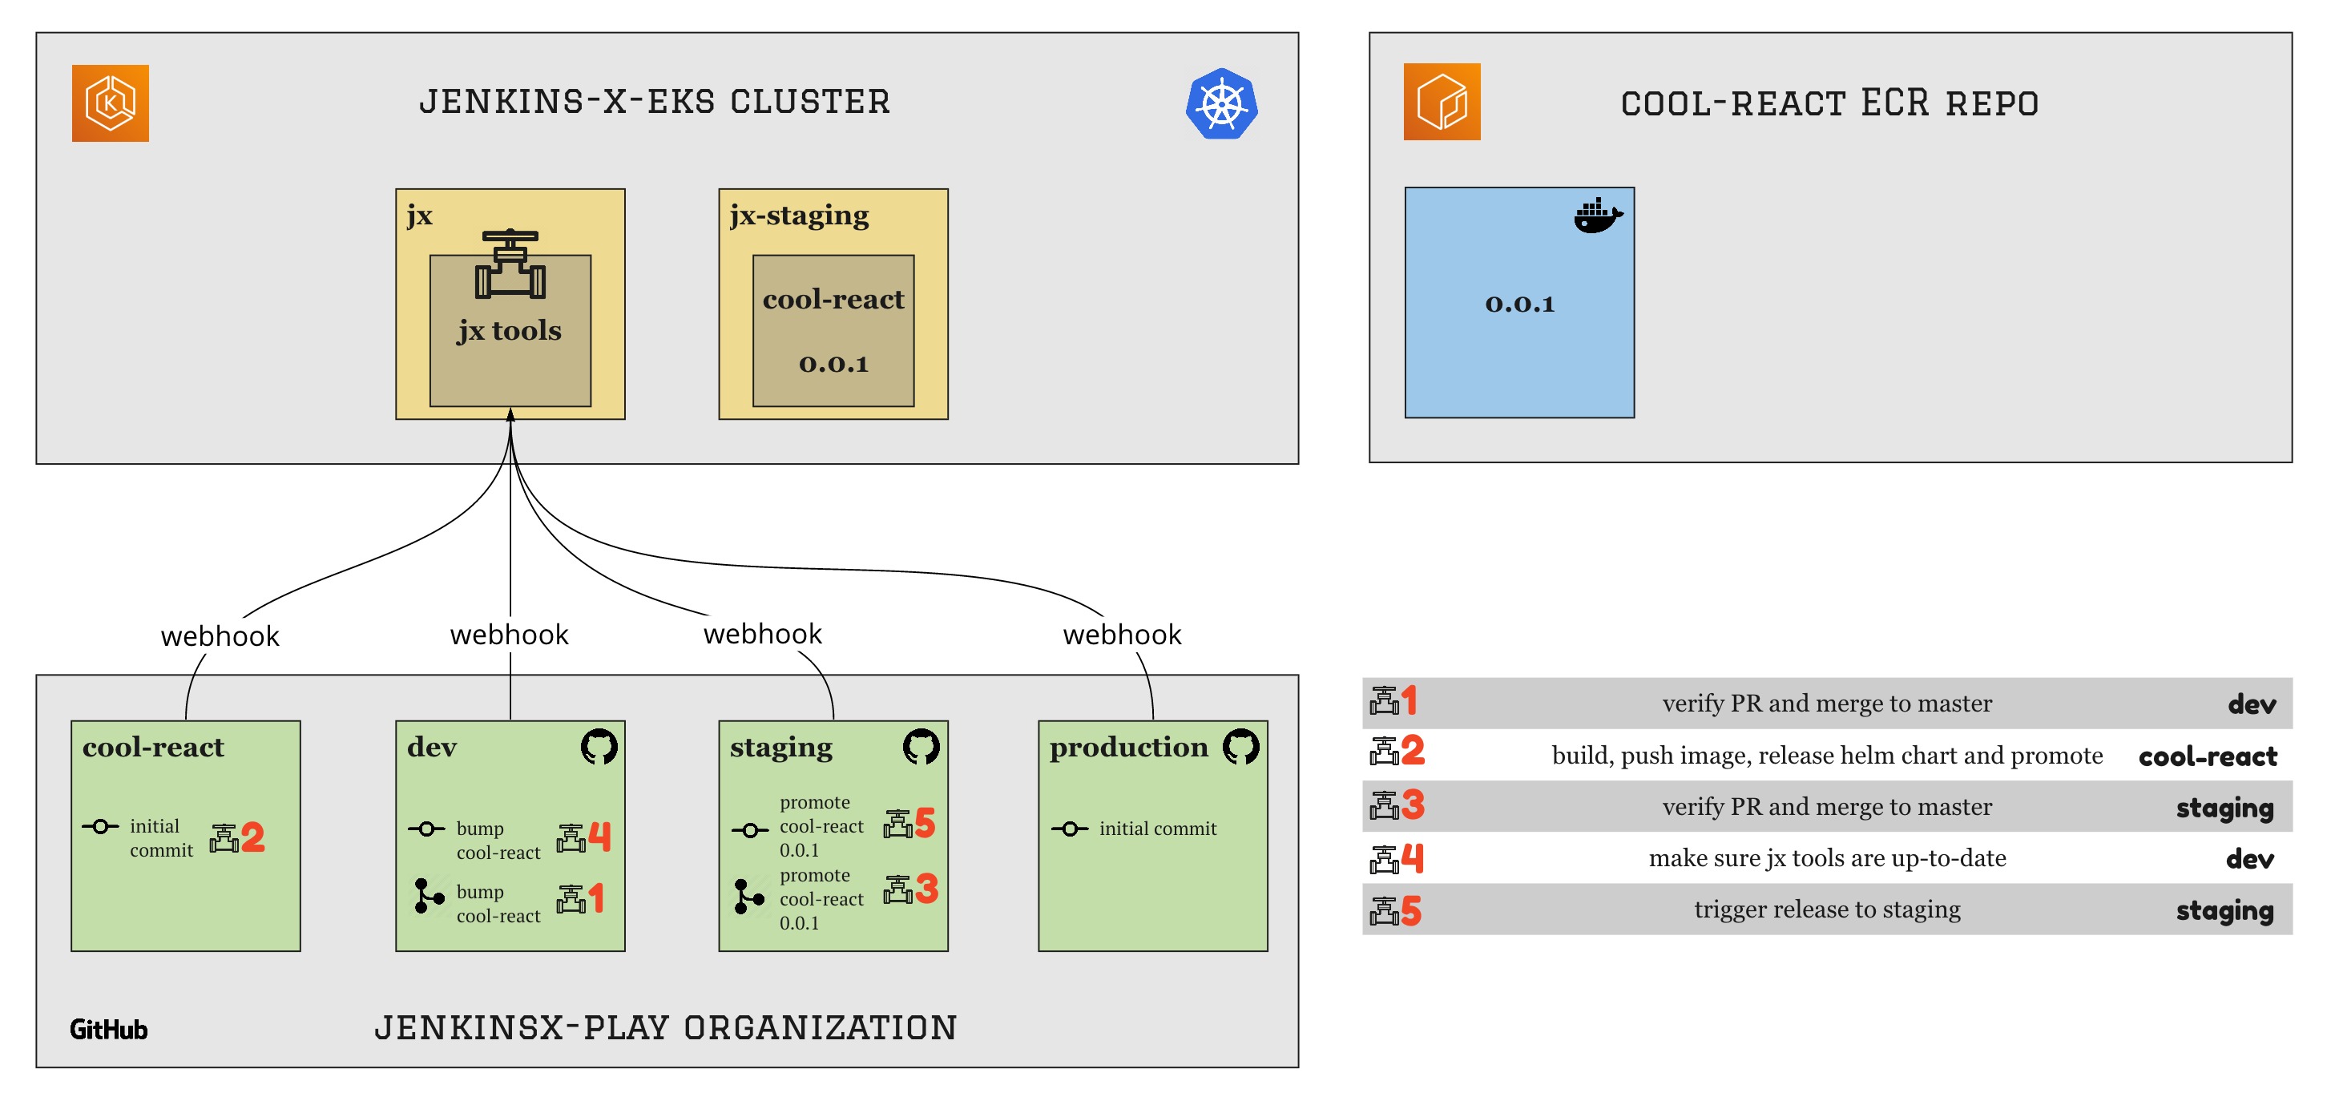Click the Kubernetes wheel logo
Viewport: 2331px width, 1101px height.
click(x=1222, y=104)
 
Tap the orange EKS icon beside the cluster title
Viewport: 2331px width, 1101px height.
click(x=111, y=103)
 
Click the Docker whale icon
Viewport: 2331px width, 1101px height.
click(x=1597, y=216)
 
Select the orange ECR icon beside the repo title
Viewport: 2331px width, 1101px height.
click(x=1442, y=101)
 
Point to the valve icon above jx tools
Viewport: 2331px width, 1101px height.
click(x=510, y=264)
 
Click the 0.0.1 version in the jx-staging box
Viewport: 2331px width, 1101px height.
click(x=833, y=364)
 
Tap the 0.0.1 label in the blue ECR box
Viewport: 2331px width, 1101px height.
click(x=1519, y=304)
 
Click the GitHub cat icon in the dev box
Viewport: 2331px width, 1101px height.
click(x=599, y=746)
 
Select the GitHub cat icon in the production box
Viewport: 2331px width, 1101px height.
click(x=1240, y=746)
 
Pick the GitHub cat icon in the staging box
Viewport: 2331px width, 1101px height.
click(x=922, y=746)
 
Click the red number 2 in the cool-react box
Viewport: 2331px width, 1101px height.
click(x=252, y=837)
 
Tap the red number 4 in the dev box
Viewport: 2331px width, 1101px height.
click(x=600, y=837)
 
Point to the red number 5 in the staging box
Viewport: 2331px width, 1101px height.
click(x=924, y=822)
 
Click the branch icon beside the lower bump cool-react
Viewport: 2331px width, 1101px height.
click(x=428, y=896)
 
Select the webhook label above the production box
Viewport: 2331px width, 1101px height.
click(x=1122, y=634)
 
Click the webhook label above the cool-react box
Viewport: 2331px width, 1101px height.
click(x=220, y=636)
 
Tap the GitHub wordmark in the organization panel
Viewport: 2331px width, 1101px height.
click(x=109, y=1030)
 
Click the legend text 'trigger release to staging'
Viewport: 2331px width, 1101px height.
click(x=1827, y=909)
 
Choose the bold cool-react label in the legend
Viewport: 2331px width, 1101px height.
click(x=2207, y=756)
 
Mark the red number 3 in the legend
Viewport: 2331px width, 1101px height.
click(x=1413, y=805)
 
